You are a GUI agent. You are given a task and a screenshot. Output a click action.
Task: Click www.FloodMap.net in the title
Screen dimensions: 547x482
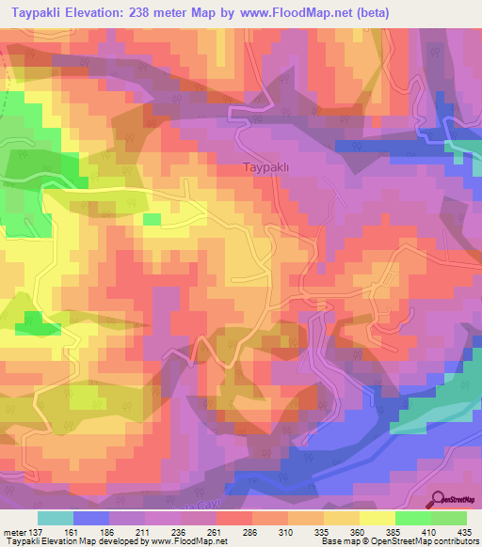coord(294,12)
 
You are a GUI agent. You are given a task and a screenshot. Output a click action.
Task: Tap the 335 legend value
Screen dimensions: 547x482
coord(323,532)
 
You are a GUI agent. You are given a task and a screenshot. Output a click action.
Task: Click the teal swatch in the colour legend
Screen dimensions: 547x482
coord(56,518)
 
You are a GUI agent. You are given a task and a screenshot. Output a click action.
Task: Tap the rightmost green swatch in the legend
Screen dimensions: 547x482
coord(448,518)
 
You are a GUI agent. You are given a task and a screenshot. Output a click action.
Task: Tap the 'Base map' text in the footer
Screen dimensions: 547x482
coord(336,542)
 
